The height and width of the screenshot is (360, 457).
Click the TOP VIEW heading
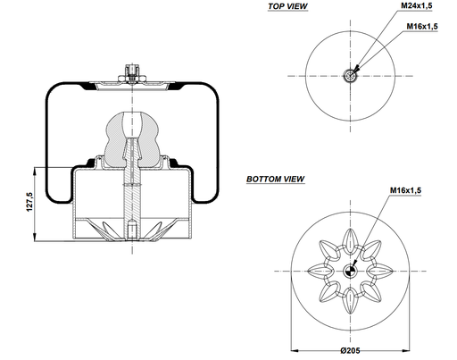click(x=287, y=6)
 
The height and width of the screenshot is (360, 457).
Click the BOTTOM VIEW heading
click(x=276, y=179)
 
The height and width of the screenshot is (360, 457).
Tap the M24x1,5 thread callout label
click(x=417, y=5)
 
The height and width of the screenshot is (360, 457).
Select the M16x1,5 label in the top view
click(x=422, y=26)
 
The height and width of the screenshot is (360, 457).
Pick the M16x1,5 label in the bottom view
click(x=405, y=190)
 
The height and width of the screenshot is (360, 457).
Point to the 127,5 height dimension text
click(x=29, y=202)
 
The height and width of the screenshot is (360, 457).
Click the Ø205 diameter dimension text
click(x=350, y=350)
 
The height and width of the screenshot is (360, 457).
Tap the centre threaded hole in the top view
click(x=350, y=76)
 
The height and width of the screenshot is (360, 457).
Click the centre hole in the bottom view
click(x=350, y=271)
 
